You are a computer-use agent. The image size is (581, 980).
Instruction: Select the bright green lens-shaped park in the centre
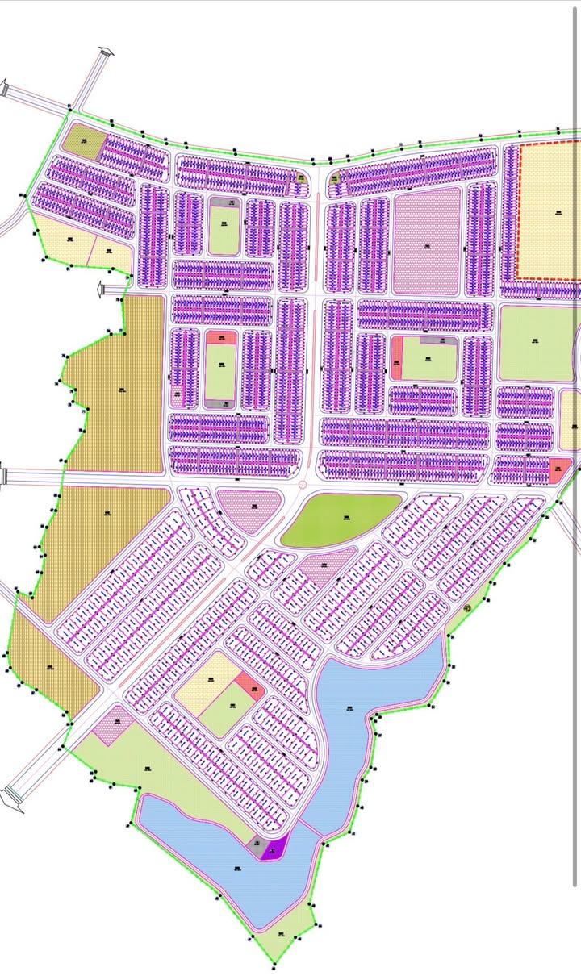click(x=342, y=519)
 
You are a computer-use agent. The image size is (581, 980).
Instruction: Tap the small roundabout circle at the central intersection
click(x=303, y=485)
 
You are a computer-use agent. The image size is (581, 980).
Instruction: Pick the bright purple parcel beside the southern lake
click(x=274, y=849)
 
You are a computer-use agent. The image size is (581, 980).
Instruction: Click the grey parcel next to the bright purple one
click(x=258, y=847)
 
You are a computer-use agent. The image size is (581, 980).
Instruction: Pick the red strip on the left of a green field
click(x=396, y=358)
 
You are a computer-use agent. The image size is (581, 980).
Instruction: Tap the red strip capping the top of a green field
click(x=222, y=338)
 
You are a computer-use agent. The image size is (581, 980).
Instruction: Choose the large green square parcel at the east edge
click(x=536, y=342)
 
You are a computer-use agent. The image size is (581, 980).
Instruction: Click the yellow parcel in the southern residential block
click(x=207, y=682)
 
